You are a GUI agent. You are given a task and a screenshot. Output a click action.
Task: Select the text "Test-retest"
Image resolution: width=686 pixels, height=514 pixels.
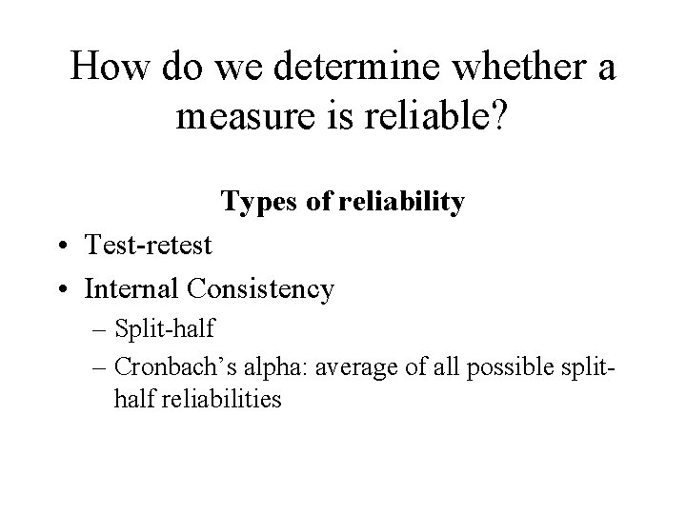[147, 245]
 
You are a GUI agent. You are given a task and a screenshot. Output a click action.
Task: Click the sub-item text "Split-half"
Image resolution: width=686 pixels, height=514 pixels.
[164, 329]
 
